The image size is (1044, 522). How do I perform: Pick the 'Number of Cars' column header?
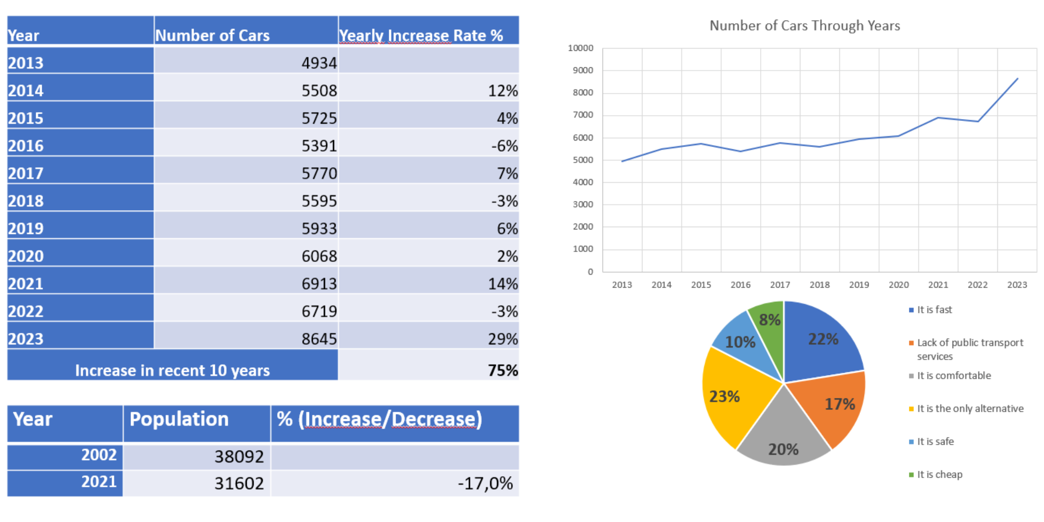[212, 35]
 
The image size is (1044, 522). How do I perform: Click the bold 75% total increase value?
[503, 370]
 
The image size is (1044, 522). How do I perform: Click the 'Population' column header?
[179, 419]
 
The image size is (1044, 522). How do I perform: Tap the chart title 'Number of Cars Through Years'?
[805, 26]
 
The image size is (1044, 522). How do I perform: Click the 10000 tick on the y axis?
[580, 48]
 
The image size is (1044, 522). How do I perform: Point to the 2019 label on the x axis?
[859, 285]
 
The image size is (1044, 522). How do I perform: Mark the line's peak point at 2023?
[1017, 79]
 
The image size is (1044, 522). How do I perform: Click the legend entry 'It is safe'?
[935, 441]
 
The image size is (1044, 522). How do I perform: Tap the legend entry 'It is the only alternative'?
[970, 408]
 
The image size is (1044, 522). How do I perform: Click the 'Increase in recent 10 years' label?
[172, 370]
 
